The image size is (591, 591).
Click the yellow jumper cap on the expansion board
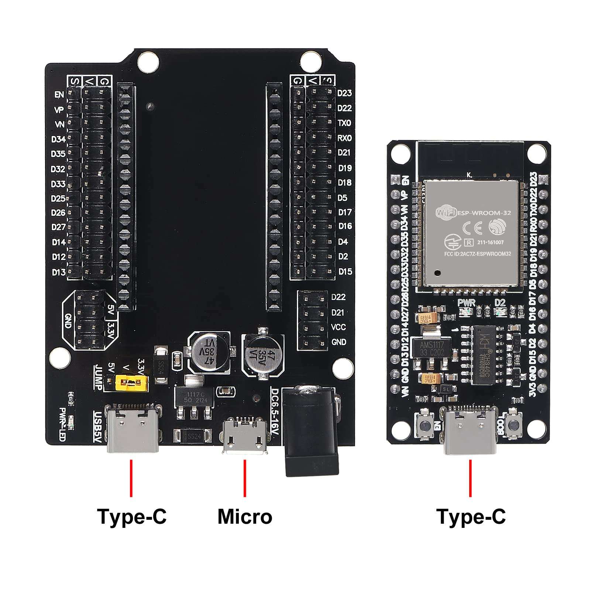pos(132,383)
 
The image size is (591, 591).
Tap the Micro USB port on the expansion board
pos(245,436)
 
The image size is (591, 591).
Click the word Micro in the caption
pos(245,516)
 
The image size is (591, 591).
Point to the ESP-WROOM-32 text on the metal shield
pos(484,213)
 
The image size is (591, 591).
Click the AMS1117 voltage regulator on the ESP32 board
pos(432,348)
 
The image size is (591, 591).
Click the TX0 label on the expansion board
pos(344,123)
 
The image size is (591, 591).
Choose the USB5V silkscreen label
pos(97,427)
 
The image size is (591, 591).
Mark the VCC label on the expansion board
pos(339,327)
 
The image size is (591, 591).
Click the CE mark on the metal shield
pos(473,229)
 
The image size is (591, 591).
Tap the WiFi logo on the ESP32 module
pos(446,213)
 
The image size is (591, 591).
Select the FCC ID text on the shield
pos(477,254)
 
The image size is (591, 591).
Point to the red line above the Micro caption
pos(245,478)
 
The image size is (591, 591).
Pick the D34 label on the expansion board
pos(58,139)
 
